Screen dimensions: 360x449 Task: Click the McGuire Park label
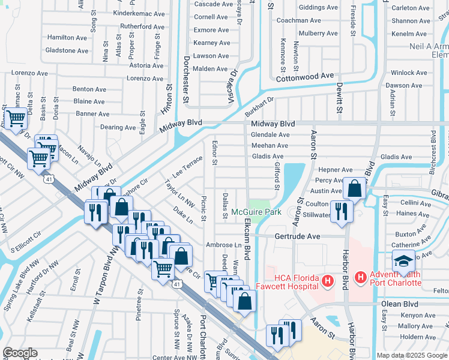pyautogui.click(x=256, y=212)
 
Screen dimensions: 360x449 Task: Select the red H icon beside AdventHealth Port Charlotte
pyautogui.click(x=360, y=278)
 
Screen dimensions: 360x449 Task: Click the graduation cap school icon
pyautogui.click(x=403, y=262)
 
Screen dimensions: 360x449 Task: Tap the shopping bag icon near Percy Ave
pyautogui.click(x=355, y=188)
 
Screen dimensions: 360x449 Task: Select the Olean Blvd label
pyautogui.click(x=400, y=304)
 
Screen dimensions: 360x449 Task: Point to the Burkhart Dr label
pyautogui.click(x=259, y=108)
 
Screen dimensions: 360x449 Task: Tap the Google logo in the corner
pyautogui.click(x=20, y=353)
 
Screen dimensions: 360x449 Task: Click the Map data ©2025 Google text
pyautogui.click(x=411, y=355)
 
